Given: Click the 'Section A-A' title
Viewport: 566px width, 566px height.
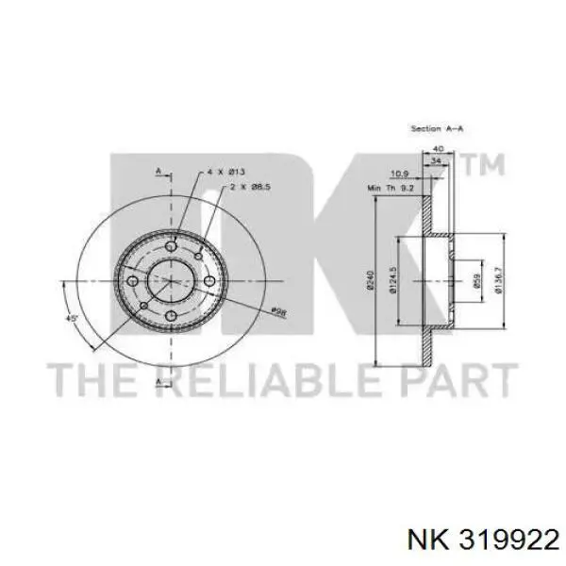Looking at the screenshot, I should click(x=436, y=127).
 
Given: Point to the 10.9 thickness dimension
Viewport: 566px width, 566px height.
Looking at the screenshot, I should click(x=398, y=174).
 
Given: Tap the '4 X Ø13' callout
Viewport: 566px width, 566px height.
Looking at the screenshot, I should click(x=226, y=172).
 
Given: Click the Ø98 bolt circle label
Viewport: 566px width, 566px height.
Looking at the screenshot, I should click(x=279, y=312).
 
